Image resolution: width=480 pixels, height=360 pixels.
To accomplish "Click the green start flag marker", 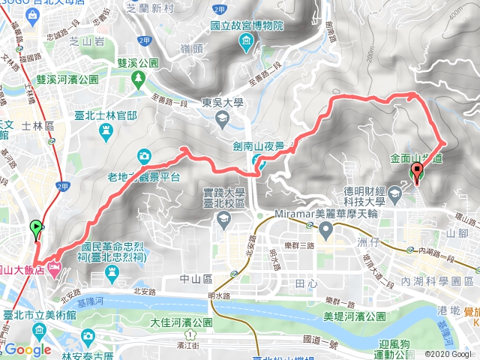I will pyautogui.click(x=35, y=227).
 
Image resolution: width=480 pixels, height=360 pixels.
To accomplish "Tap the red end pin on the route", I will pyautogui.click(x=417, y=173).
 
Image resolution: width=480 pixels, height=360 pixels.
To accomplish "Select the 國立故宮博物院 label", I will pyautogui.click(x=246, y=25).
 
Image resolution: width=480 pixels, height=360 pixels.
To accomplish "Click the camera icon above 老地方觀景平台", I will pyautogui.click(x=144, y=155).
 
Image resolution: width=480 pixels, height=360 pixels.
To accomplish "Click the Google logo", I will pyautogui.click(x=28, y=349).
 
